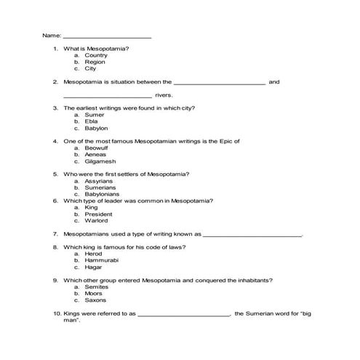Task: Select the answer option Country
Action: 96,55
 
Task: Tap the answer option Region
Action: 95,62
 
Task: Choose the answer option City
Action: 90,68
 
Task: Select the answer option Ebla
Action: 92,121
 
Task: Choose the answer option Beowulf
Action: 96,148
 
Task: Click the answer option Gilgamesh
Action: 100,161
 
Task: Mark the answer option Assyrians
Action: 99,181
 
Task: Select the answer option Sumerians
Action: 100,188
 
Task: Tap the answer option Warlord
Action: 96,220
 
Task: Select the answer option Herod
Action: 94,254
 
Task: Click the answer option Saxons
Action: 95,300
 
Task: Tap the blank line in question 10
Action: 183,314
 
